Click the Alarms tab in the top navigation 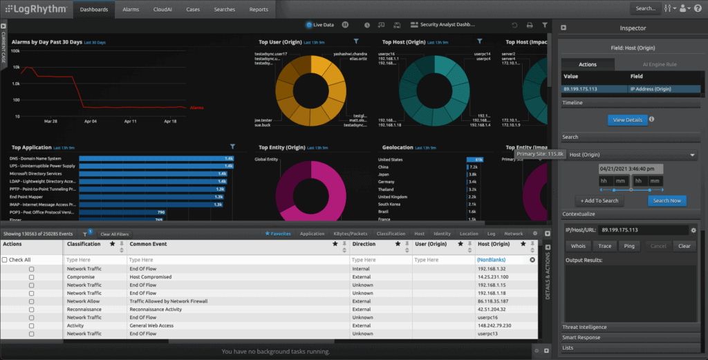(131, 10)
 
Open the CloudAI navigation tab (163, 10)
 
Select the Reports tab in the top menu (259, 10)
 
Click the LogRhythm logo (34, 10)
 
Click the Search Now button (667, 200)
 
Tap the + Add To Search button (600, 200)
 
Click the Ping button (628, 246)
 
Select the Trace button (604, 246)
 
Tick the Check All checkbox (6, 260)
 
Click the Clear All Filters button (114, 234)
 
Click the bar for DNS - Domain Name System (156, 159)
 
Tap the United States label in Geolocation (391, 159)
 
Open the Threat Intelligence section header (585, 327)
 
